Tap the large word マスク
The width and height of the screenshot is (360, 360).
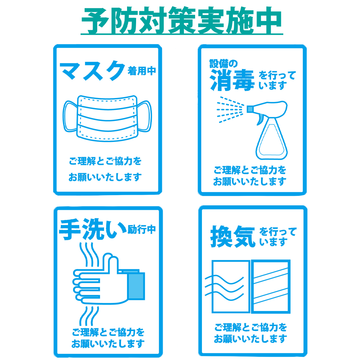coord(92,71)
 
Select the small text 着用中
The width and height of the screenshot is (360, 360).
coord(141,71)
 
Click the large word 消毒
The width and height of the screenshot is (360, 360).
coord(232,80)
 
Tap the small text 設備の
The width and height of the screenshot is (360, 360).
coord(224,64)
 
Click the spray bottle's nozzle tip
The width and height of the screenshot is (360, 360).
coord(249,109)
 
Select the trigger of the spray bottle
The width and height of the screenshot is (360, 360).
coord(260,120)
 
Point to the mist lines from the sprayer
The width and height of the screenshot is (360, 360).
coord(230,110)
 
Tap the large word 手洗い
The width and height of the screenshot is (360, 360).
coord(93,229)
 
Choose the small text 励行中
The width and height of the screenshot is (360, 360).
coord(141,229)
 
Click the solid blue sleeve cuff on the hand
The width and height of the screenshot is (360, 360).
coord(136,286)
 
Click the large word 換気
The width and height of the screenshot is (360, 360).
coord(233,237)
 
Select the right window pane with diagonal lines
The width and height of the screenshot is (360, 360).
coord(271,287)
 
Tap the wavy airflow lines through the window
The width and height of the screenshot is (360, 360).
coord(224,288)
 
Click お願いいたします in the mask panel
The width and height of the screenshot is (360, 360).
coord(105,177)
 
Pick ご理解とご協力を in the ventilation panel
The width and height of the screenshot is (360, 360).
coord(251,327)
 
